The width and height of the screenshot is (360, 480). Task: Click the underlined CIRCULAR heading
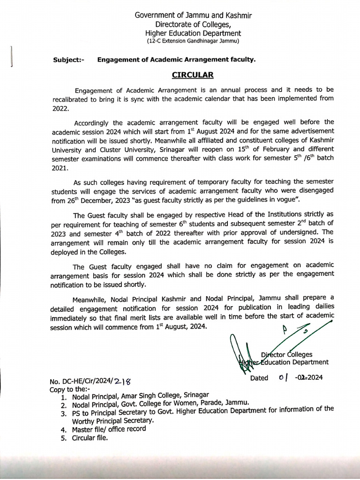coord(193,75)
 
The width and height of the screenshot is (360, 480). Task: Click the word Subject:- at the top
coord(69,60)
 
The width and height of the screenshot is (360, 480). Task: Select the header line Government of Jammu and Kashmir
coord(193,15)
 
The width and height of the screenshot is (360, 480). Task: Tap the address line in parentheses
coord(193,41)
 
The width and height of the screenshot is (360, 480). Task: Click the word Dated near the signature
coord(260,378)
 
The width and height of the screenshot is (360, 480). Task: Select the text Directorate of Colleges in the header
coord(193,24)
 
